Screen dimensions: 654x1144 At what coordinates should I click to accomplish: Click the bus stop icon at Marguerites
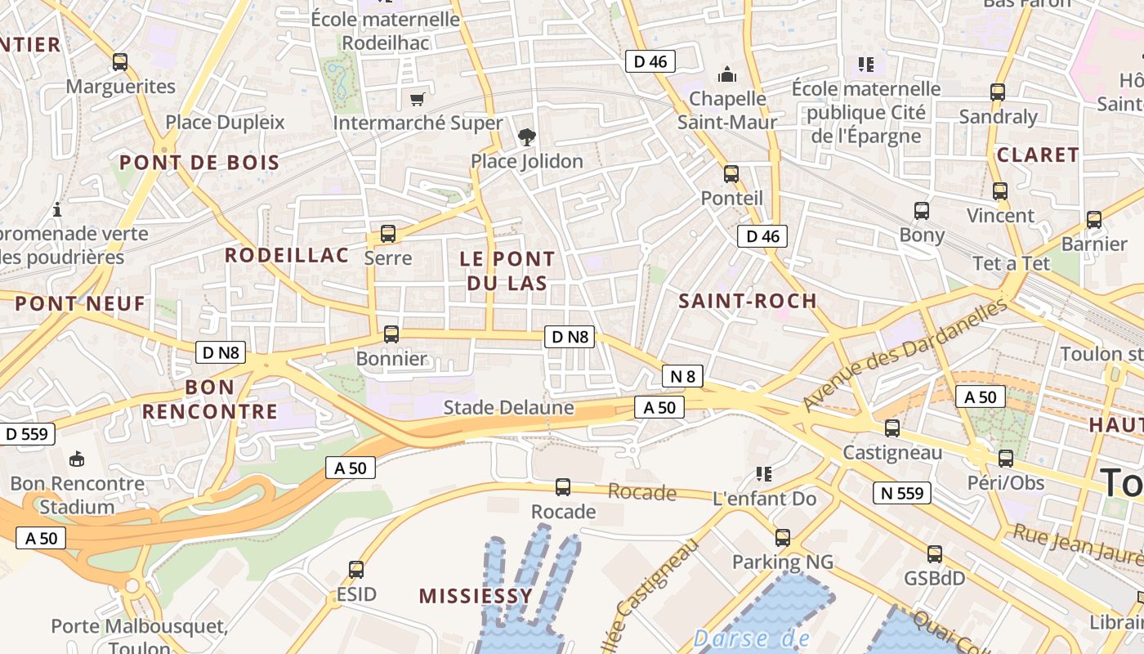(x=120, y=61)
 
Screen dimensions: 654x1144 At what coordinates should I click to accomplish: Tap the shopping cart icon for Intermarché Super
(x=418, y=99)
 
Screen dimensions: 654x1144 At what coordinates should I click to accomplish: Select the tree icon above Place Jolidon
(x=527, y=137)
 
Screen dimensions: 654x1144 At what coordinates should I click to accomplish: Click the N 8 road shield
(x=682, y=376)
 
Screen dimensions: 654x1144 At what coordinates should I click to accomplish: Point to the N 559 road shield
(x=902, y=493)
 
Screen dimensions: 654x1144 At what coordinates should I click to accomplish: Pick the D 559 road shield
(x=27, y=434)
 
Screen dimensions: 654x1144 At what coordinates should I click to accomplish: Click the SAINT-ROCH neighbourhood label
(x=748, y=301)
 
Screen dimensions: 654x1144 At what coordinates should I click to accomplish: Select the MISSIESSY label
(x=476, y=596)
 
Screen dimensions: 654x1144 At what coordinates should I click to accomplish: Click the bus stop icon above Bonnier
(x=391, y=334)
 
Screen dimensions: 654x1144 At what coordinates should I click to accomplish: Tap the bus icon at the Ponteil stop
(x=731, y=173)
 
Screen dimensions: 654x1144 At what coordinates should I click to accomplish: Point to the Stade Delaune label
(x=508, y=407)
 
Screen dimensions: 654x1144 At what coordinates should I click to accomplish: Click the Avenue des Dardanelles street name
(x=905, y=355)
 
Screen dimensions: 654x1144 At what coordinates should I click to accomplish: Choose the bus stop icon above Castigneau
(x=892, y=428)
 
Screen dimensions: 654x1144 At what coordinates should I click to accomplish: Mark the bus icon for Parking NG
(x=783, y=537)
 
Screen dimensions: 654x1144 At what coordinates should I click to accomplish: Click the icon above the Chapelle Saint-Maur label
(x=726, y=75)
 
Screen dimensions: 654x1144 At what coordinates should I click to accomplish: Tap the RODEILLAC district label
(x=287, y=255)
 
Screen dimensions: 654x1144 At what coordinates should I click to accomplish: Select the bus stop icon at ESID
(x=356, y=569)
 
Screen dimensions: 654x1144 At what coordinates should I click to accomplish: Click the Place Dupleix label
(x=225, y=123)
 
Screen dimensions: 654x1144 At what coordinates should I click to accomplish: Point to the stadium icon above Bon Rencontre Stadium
(x=77, y=459)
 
